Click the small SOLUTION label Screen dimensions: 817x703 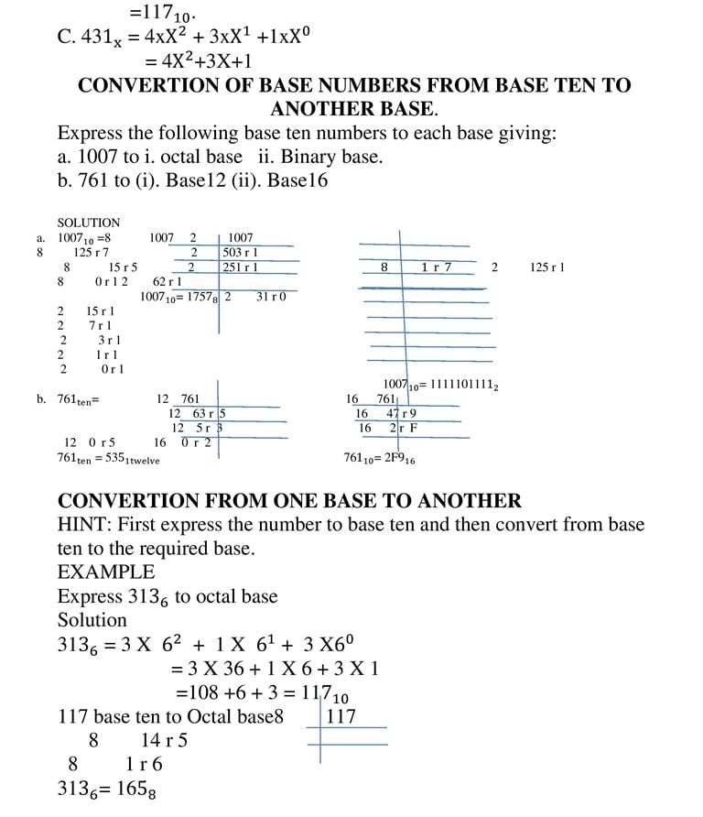pos(88,223)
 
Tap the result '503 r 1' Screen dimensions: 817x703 pos(241,252)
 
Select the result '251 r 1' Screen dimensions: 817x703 pos(241,267)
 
